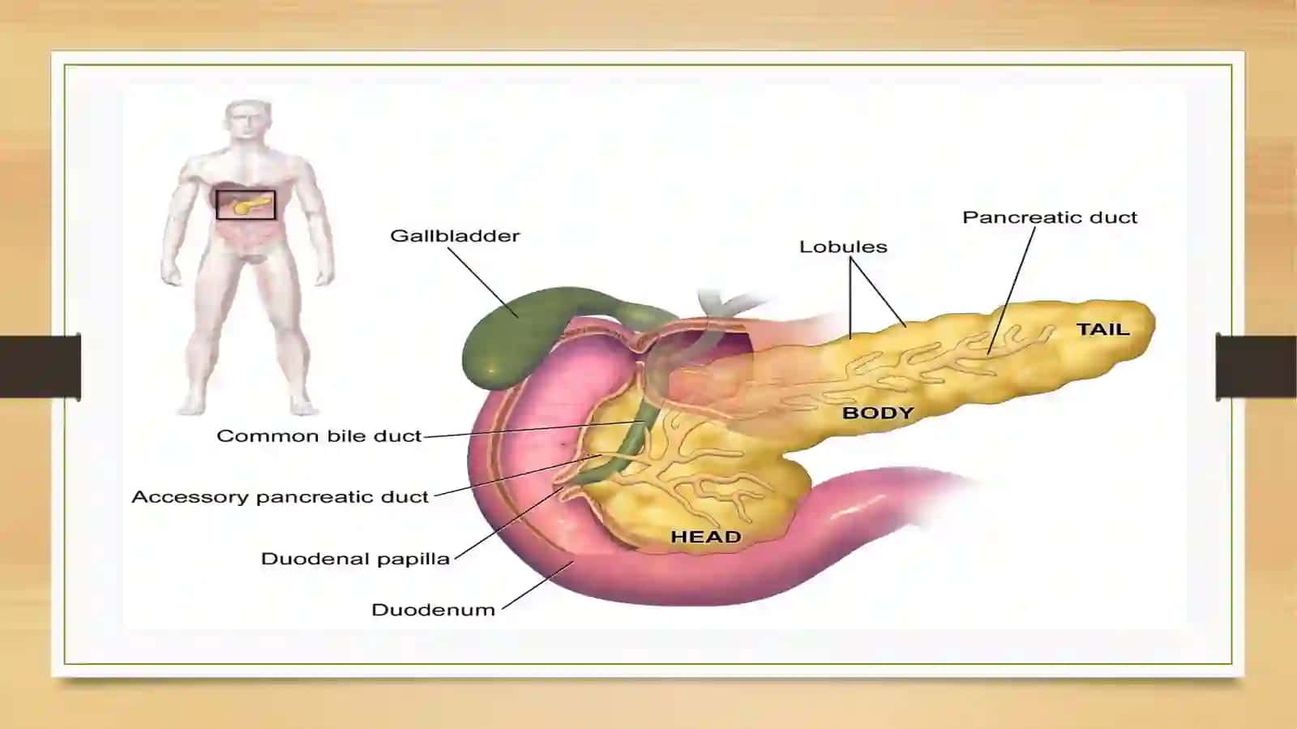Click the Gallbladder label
click(x=455, y=236)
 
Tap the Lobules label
click(x=843, y=247)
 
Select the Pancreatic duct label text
click(x=1050, y=217)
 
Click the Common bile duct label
click(x=319, y=435)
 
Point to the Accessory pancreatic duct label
click(x=280, y=497)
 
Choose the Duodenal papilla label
click(x=355, y=559)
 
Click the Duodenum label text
click(x=433, y=610)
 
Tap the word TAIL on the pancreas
click(x=1102, y=329)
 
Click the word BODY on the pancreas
click(x=878, y=413)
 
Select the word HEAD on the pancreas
click(x=706, y=537)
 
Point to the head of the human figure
click(x=248, y=121)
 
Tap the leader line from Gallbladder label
click(x=483, y=282)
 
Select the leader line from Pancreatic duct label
click(x=1012, y=290)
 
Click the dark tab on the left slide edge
click(x=41, y=367)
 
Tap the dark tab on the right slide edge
click(x=1256, y=367)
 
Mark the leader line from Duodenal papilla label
click(x=507, y=524)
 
